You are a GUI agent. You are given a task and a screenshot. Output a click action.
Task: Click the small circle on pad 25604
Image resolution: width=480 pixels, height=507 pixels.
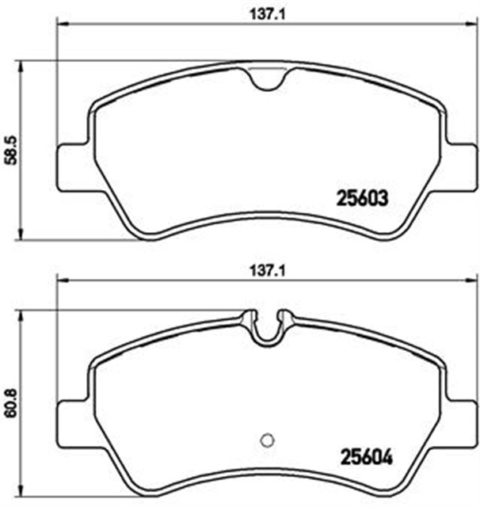tap(267, 442)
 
